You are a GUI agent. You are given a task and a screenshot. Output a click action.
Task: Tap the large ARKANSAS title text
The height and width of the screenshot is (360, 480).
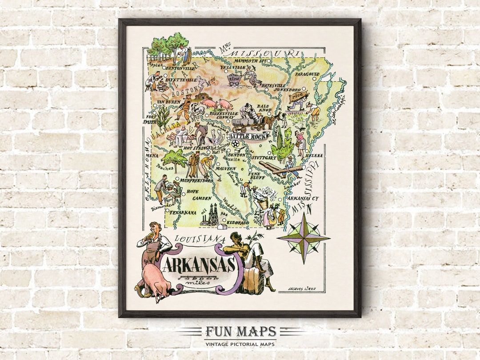tap(198, 265)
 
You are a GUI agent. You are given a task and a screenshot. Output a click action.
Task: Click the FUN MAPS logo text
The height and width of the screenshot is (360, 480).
tap(240, 332)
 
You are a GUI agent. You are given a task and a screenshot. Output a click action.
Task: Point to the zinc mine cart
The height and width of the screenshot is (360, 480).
tap(235, 80)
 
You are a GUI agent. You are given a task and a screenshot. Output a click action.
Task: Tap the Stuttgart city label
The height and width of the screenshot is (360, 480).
tap(263, 157)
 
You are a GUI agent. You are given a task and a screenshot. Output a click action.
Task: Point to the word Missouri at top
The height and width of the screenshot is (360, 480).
tap(271, 53)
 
